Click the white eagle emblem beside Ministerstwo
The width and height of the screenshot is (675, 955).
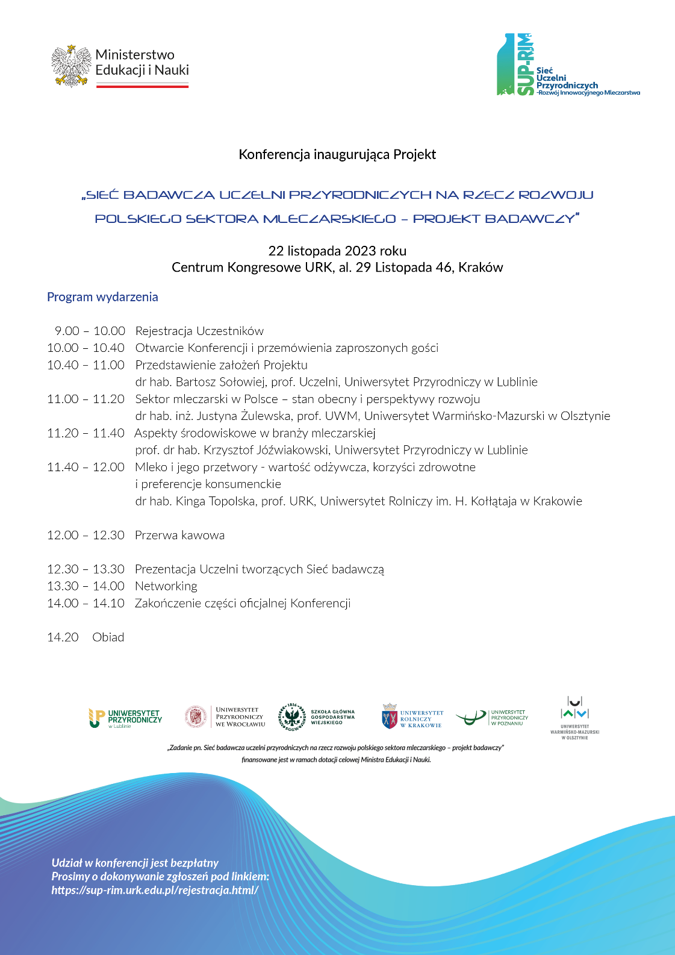click(x=71, y=66)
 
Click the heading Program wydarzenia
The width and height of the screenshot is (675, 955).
click(x=102, y=297)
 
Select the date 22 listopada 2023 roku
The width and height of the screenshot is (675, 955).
click(x=337, y=251)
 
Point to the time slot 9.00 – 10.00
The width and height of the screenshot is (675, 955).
click(x=90, y=331)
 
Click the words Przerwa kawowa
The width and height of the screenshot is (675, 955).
click(x=179, y=535)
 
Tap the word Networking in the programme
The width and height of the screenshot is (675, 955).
click(x=166, y=586)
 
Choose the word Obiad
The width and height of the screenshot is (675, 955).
click(x=108, y=637)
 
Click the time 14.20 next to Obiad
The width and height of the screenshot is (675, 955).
click(x=63, y=637)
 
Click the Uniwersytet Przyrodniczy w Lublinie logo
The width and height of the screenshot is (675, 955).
click(x=125, y=718)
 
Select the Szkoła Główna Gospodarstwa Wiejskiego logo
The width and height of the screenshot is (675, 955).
click(x=317, y=717)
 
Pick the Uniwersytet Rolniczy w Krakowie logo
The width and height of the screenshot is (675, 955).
click(x=412, y=717)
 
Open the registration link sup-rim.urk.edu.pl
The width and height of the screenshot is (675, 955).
click(x=155, y=891)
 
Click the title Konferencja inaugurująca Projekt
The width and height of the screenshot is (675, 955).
click(x=337, y=154)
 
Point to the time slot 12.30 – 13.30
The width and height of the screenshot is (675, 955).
click(x=86, y=569)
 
